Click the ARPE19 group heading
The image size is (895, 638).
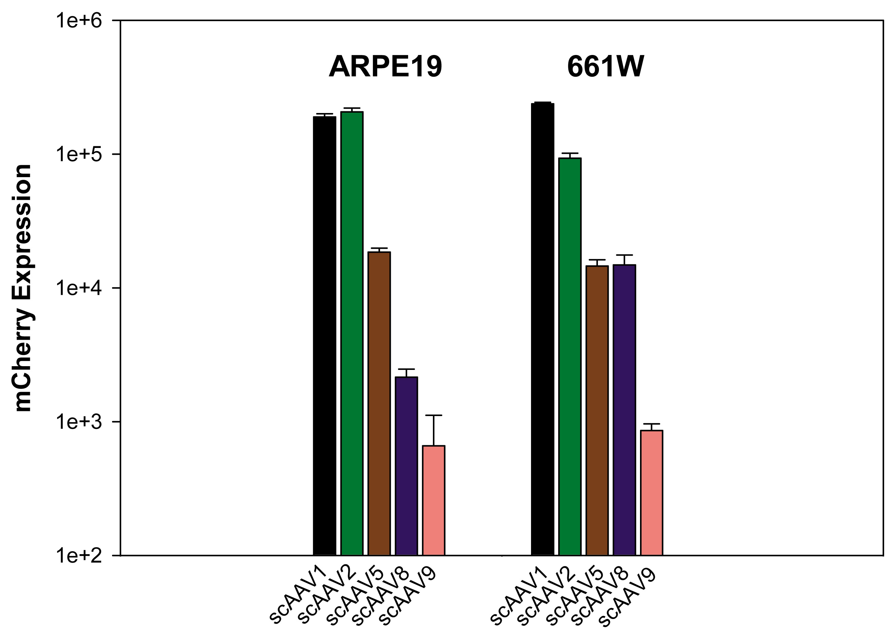point(385,67)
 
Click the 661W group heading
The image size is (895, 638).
point(605,67)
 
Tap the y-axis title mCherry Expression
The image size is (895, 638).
point(23,288)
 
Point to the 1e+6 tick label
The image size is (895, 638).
point(79,20)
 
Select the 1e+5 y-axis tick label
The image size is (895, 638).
point(79,154)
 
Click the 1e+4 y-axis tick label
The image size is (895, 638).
point(79,288)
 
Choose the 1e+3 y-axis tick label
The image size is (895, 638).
point(79,422)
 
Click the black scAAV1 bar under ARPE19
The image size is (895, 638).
point(324,334)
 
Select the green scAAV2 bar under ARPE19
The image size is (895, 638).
point(352,334)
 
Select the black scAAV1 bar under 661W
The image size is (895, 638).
point(543,330)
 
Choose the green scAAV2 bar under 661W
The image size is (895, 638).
point(569,354)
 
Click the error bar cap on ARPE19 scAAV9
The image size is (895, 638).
point(434,415)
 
